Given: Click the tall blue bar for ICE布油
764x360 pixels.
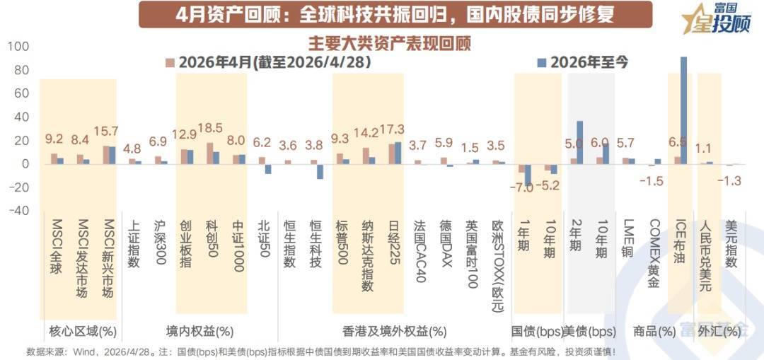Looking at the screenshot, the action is point(683,110).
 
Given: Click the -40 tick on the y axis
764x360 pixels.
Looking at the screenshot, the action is point(18,211).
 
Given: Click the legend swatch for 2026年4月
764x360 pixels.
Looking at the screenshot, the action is point(170,62).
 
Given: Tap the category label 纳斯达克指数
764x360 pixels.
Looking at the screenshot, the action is point(367,255).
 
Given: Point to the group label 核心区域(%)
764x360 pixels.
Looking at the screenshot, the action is point(83,332).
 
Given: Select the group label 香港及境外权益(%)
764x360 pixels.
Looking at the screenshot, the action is point(395,332).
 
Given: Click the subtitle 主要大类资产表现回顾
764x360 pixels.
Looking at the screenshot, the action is point(389,43).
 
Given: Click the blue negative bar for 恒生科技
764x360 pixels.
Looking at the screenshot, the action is point(320,171).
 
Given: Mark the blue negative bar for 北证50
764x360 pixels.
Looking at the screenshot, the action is point(268,169).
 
